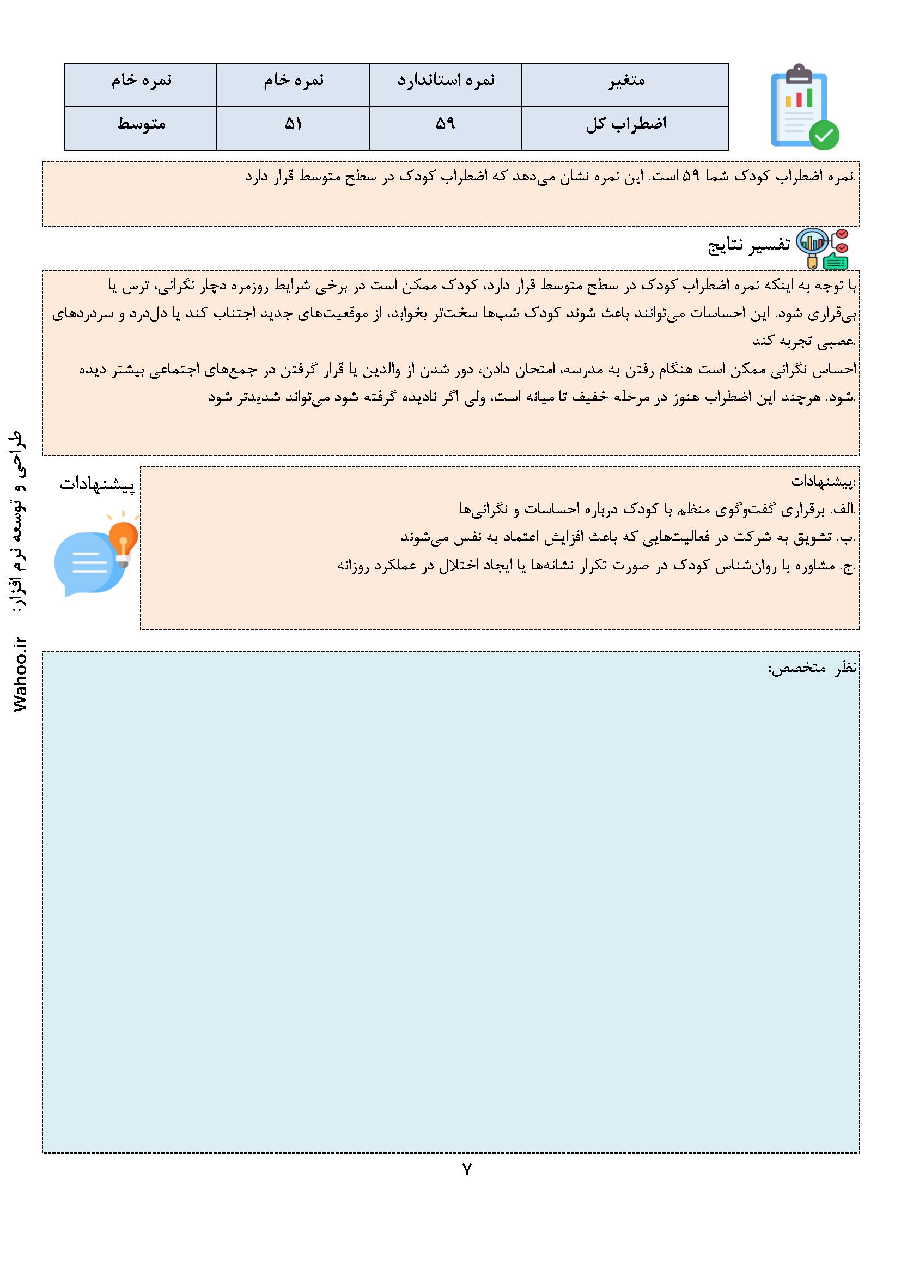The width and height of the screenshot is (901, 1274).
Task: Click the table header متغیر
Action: (x=625, y=81)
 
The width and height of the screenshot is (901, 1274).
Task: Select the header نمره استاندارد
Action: (x=446, y=81)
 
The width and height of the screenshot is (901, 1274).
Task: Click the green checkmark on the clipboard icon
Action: (x=824, y=134)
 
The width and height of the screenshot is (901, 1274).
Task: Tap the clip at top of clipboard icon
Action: (x=799, y=71)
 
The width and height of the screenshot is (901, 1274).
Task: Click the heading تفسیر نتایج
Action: (x=749, y=245)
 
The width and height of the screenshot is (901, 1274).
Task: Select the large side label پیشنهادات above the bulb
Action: (x=97, y=484)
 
